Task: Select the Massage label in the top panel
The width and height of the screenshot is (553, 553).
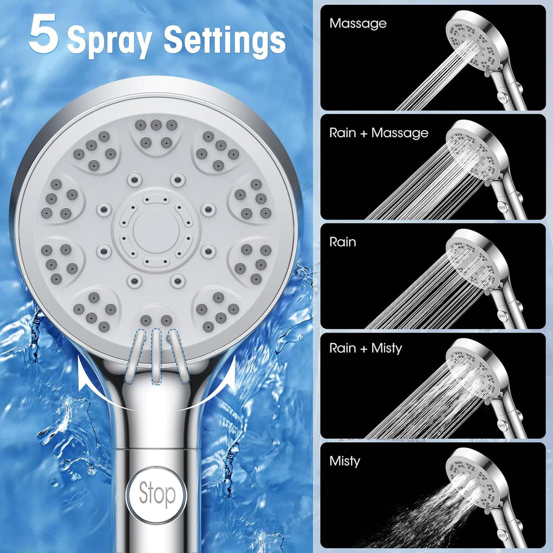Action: pyautogui.click(x=358, y=24)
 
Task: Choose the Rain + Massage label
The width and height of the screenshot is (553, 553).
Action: pyautogui.click(x=379, y=133)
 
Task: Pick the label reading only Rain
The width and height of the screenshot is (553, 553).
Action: pyautogui.click(x=342, y=242)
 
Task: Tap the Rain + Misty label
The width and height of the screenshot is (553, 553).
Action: pyautogui.click(x=366, y=348)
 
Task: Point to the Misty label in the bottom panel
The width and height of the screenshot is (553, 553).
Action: pyautogui.click(x=345, y=461)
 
